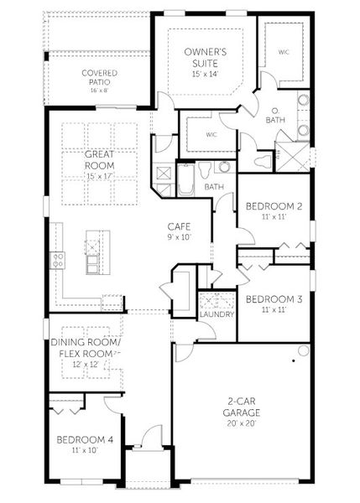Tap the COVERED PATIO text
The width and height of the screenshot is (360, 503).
click(99, 78)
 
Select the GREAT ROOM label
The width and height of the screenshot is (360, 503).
click(99, 160)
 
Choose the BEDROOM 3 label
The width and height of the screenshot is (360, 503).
click(273, 299)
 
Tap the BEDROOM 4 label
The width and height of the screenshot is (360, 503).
click(84, 440)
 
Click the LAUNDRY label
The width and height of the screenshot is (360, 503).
click(216, 314)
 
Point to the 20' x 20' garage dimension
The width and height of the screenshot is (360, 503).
click(241, 423)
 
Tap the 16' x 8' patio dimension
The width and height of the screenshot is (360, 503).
click(99, 89)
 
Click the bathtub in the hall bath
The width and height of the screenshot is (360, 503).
click(186, 179)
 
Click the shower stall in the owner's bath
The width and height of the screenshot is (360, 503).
click(293, 158)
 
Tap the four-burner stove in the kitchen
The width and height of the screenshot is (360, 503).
click(59, 260)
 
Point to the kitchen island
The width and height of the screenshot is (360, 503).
click(93, 257)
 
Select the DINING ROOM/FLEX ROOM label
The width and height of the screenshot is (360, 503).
click(86, 347)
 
